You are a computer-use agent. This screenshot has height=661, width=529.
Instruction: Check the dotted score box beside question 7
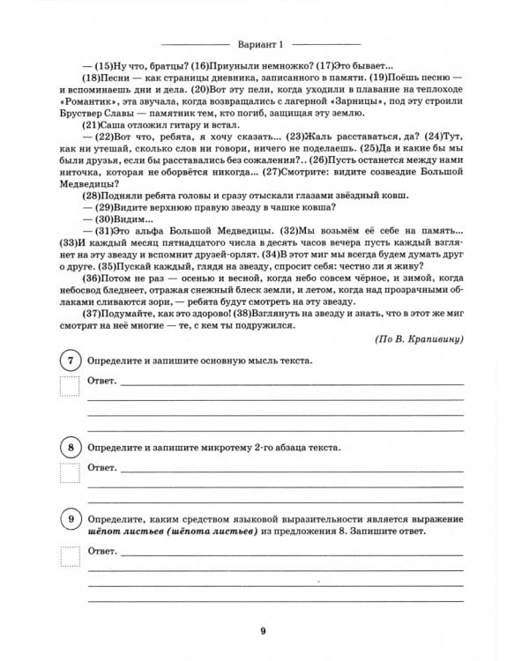[x=68, y=386]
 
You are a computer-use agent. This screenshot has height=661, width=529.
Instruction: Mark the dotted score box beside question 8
[x=68, y=472]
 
